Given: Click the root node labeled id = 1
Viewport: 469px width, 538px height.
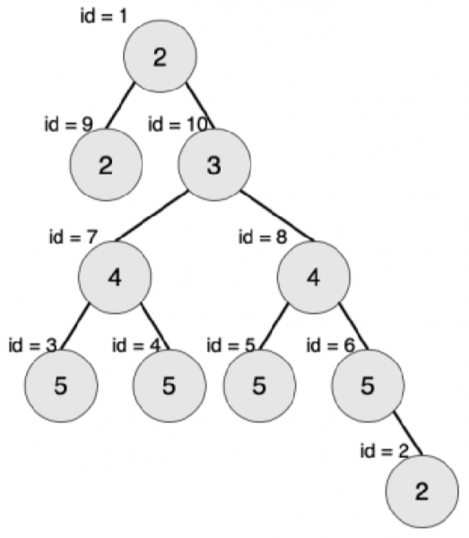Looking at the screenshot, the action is coord(161,56).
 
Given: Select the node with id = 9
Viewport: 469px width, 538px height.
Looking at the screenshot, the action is coord(106,165).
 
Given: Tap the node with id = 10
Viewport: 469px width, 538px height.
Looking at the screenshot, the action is coord(214,165).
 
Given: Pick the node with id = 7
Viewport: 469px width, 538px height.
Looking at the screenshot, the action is coord(115,277).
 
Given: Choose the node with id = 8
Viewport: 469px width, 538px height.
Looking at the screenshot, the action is coord(314,277).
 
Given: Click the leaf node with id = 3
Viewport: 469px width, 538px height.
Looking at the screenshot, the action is coord(61,386).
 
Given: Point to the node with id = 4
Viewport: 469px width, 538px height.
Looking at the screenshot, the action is coord(169,386).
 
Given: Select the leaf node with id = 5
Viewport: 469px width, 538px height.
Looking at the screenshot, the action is coord(259,386).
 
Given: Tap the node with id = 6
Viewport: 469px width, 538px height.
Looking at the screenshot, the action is coord(368,386).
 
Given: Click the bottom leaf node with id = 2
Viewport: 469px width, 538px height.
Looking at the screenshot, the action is coord(422,491).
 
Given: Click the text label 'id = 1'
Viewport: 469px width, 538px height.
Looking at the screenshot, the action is coord(104,16).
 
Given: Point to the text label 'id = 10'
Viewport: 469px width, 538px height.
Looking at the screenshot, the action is coord(178,124).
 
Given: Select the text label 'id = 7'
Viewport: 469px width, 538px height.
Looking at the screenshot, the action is coord(74,237).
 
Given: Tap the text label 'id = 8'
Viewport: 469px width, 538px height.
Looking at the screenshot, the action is coord(263,237).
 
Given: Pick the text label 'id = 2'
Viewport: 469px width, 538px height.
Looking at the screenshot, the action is coord(385,450).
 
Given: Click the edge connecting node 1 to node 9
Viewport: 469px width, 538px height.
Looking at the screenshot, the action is coord(120,106).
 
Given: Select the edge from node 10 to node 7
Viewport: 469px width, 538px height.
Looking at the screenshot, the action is coord(152,216).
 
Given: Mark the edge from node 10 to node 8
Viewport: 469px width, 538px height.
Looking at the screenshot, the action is coord(277,216).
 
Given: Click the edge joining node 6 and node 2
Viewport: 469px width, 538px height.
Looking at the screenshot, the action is coord(408,433).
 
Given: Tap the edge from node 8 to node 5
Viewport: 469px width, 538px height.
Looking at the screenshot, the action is coord(274,327).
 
